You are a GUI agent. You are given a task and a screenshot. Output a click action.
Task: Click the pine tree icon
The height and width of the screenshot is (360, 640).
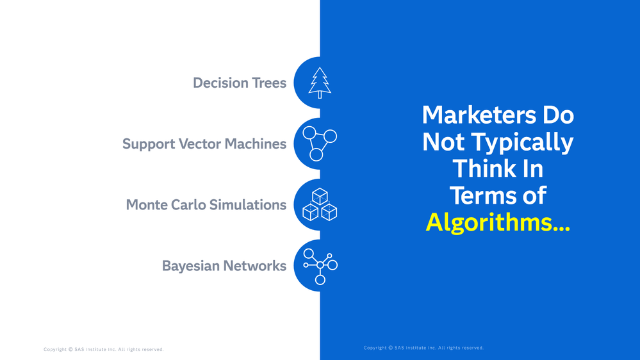pos(320,83)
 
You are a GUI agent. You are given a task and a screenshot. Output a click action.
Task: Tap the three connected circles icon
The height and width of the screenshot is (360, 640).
pos(319,143)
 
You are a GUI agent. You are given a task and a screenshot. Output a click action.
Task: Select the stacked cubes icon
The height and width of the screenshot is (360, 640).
pos(320,205)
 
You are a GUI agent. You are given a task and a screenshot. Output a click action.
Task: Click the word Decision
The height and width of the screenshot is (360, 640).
pos(220,83)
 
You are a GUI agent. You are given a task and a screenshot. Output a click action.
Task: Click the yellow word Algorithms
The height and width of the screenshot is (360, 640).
pos(497,222)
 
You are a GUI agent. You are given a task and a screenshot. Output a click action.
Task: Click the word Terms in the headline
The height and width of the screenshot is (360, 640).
pos(477,195)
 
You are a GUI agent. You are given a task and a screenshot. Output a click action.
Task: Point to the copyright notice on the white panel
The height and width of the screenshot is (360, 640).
pos(103,350)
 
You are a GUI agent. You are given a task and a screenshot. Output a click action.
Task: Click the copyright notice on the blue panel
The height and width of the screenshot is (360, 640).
pos(423,348)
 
